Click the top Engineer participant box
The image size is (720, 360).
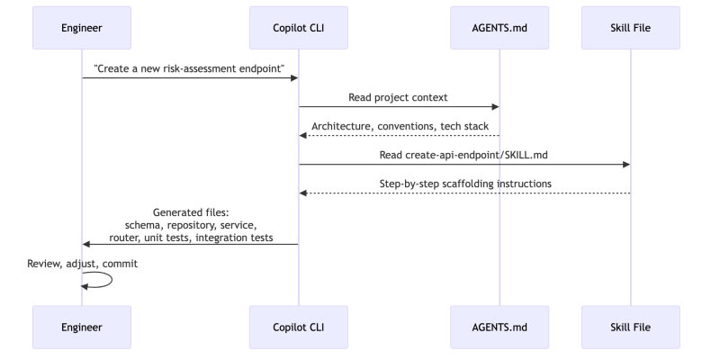pyautogui.click(x=82, y=28)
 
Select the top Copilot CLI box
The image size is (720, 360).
pyautogui.click(x=299, y=28)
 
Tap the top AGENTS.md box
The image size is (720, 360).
pyautogui.click(x=499, y=28)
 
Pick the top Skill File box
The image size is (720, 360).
pyautogui.click(x=631, y=28)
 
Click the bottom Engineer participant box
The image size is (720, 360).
pyautogui.click(x=82, y=328)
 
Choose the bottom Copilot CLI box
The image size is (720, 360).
pyautogui.click(x=299, y=328)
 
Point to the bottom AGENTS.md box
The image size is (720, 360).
pyautogui.click(x=499, y=328)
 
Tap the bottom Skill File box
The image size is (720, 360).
pyautogui.click(x=631, y=328)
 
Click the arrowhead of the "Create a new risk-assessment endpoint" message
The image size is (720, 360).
pyautogui.click(x=295, y=78)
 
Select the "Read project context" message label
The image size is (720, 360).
pyautogui.click(x=398, y=97)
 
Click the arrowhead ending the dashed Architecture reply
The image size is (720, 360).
pyautogui.click(x=302, y=136)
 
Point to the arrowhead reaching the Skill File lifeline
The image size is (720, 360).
pyautogui.click(x=626, y=165)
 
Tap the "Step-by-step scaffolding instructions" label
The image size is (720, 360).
pyautogui.click(x=465, y=184)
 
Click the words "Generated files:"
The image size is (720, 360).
pyautogui.click(x=191, y=212)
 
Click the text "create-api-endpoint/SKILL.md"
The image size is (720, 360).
pyautogui.click(x=477, y=155)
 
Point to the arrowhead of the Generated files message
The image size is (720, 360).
pyautogui.click(x=85, y=244)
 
